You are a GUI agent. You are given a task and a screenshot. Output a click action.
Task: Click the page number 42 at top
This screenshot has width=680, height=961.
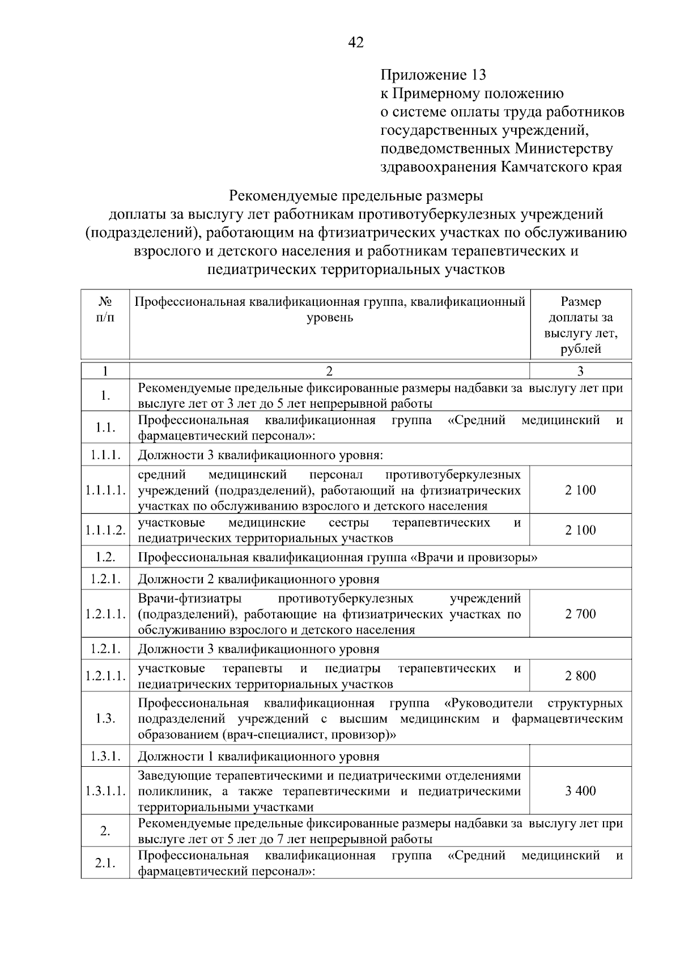point(356,43)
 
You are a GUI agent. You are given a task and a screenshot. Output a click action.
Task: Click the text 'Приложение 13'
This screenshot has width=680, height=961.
point(433,75)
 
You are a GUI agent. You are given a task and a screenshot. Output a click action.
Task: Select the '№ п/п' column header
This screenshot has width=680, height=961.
point(105,309)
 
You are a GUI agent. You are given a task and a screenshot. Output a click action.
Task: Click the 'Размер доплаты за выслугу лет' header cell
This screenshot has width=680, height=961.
point(580,325)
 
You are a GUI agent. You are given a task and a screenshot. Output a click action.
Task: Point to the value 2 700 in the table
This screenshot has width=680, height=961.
point(580,614)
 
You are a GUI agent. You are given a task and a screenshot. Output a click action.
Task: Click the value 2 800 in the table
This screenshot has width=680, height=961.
point(580,676)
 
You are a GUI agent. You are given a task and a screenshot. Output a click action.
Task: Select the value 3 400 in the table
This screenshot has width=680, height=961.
point(580,791)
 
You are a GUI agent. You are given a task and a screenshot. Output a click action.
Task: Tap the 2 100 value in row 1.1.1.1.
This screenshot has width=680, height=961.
point(580,490)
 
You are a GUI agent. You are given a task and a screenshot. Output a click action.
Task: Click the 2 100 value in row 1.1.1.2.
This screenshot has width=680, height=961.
point(580,530)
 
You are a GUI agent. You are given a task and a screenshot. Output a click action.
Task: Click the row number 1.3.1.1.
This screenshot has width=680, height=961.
point(105,791)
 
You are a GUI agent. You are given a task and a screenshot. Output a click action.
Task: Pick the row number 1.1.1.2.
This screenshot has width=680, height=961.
point(105,530)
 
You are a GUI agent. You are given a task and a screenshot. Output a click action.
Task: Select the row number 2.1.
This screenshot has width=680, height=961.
point(105,863)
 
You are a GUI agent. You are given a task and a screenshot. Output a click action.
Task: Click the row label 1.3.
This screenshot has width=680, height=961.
point(105,719)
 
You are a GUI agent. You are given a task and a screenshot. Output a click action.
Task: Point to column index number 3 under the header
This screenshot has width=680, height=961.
point(580,371)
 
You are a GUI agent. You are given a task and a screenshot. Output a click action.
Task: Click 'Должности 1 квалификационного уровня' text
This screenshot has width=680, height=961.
point(259,756)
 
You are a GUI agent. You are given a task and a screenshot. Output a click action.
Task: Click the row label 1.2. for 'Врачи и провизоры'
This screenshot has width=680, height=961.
point(105,557)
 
